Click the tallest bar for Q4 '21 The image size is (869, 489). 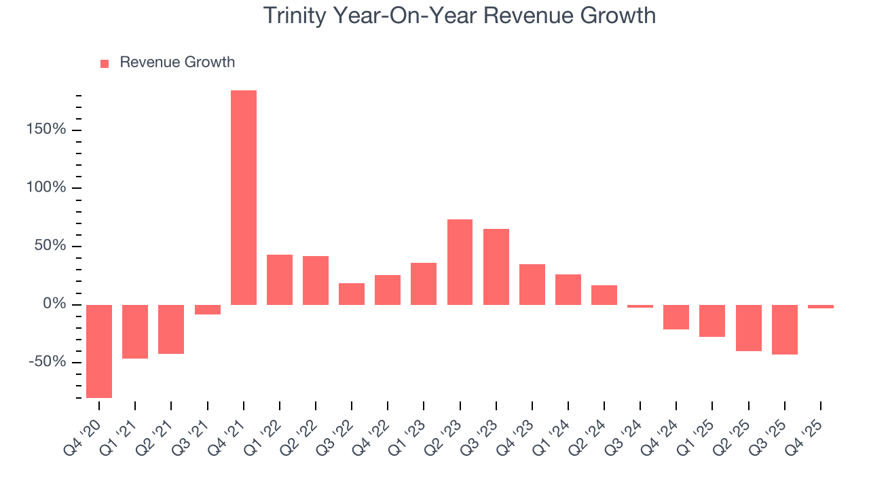click(244, 197)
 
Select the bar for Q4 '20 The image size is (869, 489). click(99, 351)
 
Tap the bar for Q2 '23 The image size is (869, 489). click(460, 261)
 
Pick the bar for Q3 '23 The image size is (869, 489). click(496, 266)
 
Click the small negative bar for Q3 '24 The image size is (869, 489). click(640, 306)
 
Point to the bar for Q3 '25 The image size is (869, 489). click(784, 329)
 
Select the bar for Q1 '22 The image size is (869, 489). click(280, 279)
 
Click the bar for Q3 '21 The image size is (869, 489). click(208, 310)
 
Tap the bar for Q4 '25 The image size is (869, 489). click(820, 306)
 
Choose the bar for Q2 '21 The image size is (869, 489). click(171, 329)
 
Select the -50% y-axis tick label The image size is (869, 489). click(48, 362)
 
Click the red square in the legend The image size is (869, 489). click(105, 63)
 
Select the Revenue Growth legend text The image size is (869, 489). click(177, 62)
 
